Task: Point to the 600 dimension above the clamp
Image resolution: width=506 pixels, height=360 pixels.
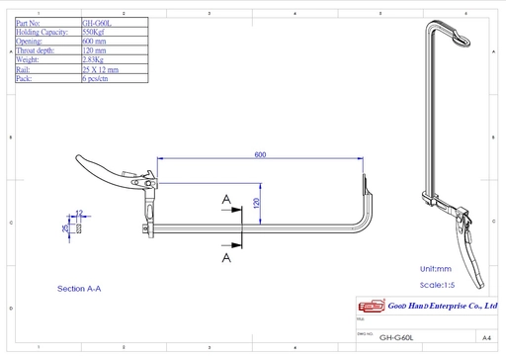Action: pyautogui.click(x=260, y=155)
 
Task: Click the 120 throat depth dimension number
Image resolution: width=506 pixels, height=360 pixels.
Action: pyautogui.click(x=256, y=203)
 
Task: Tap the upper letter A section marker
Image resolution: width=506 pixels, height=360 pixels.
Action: pyautogui.click(x=226, y=199)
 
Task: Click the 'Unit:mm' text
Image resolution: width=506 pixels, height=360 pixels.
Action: pyautogui.click(x=435, y=269)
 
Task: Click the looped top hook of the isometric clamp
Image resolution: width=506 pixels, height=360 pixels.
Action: pyautogui.click(x=460, y=36)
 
